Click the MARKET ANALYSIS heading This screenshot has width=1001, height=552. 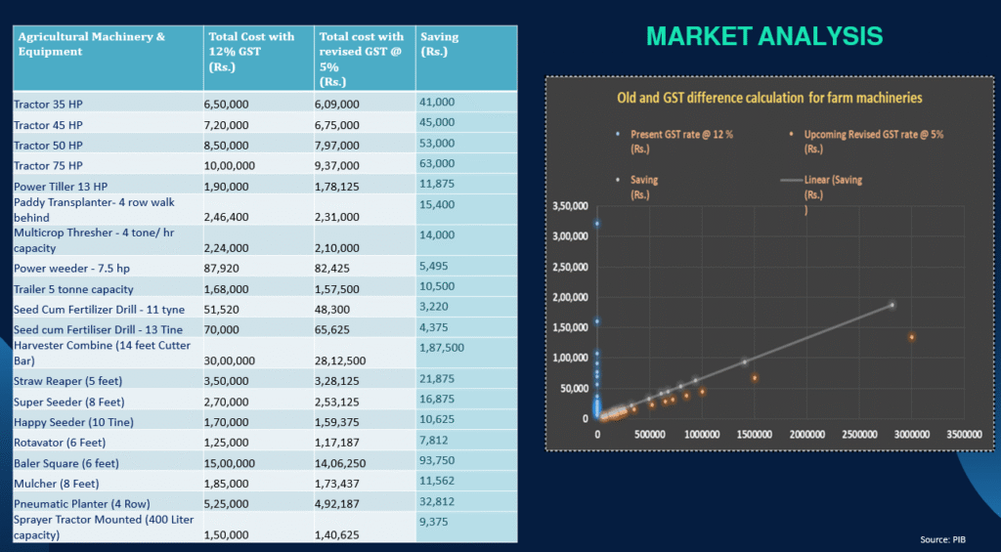click(x=764, y=37)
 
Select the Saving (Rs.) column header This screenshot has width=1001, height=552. click(x=439, y=43)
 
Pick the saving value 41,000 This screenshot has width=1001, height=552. click(x=437, y=102)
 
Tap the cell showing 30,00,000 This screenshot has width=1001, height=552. click(x=230, y=361)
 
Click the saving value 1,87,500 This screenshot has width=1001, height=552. click(x=441, y=347)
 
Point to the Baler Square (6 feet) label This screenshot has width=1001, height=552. click(x=66, y=463)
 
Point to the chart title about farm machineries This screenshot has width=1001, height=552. click(x=769, y=98)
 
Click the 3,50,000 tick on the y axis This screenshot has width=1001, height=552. click(x=568, y=207)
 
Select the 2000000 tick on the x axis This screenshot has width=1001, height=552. click(x=807, y=432)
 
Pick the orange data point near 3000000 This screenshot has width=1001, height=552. click(x=911, y=337)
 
